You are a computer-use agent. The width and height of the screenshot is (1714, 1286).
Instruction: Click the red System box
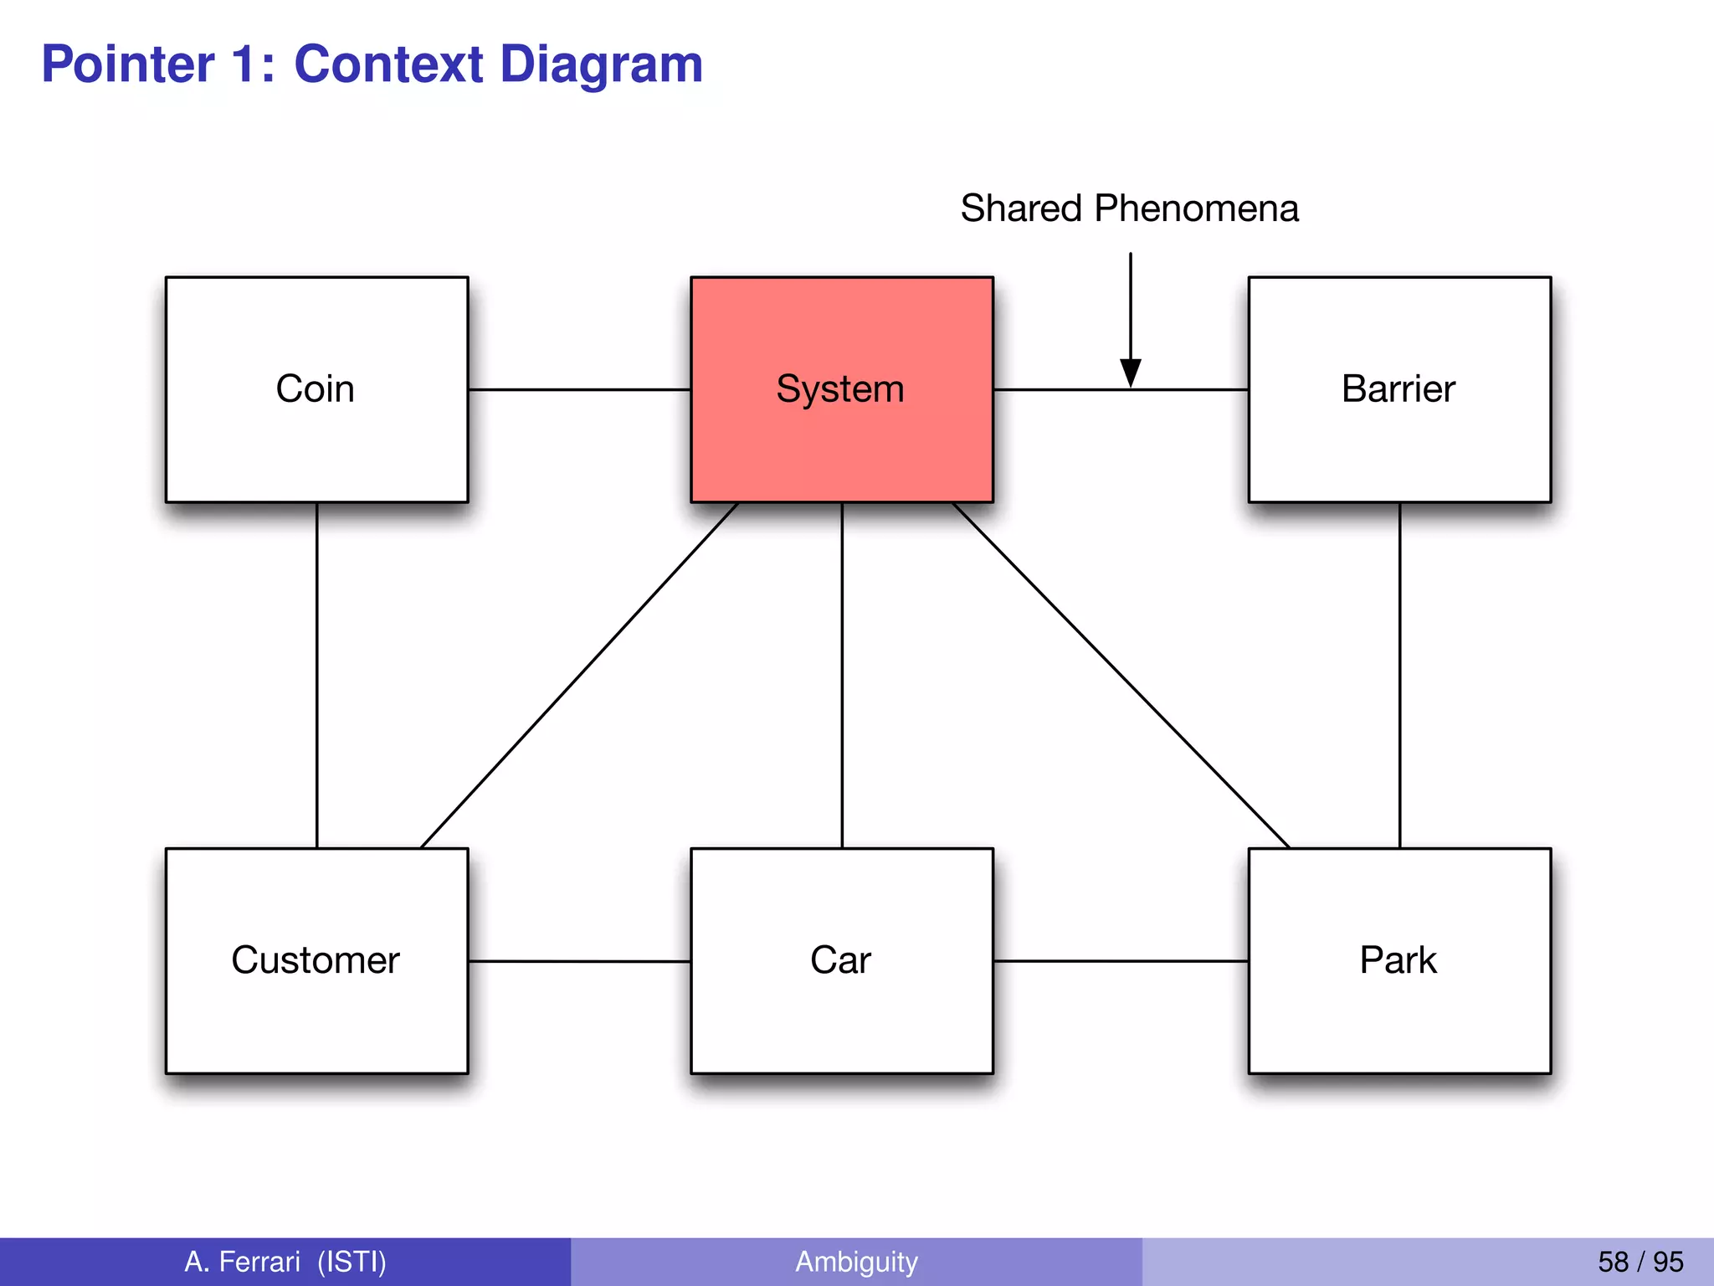(841, 389)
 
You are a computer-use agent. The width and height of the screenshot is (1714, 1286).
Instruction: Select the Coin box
(316, 389)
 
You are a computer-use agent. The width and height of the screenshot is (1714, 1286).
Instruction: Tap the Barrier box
(1398, 389)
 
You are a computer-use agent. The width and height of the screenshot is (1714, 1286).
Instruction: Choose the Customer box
(316, 960)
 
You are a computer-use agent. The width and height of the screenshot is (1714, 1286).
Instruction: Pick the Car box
(841, 960)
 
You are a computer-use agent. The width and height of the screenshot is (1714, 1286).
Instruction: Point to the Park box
(1398, 960)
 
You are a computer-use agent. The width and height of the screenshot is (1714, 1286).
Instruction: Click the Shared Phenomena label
(1129, 208)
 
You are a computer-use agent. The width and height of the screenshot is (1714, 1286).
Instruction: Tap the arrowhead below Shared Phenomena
(1131, 373)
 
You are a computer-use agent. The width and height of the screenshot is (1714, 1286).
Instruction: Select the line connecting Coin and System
(579, 389)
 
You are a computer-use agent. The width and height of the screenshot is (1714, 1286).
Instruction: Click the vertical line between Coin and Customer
(316, 675)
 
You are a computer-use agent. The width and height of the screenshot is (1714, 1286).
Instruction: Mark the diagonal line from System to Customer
(579, 675)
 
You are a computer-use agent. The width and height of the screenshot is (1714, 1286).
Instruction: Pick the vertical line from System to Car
(842, 675)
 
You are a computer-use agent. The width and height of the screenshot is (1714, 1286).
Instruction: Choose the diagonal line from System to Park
(1121, 675)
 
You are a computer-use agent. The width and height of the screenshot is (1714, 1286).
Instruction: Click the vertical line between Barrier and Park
(1399, 675)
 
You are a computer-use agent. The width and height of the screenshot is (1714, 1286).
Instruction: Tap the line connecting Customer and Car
(579, 961)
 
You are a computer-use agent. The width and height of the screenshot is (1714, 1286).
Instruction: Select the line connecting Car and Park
(1121, 961)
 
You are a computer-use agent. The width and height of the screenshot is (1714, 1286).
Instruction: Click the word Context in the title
(388, 64)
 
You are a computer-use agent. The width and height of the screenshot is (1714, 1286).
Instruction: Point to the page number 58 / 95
(1640, 1262)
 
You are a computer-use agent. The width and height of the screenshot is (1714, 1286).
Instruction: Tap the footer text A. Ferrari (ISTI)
(285, 1262)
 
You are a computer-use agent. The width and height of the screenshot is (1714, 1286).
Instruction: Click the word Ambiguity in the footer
(856, 1262)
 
